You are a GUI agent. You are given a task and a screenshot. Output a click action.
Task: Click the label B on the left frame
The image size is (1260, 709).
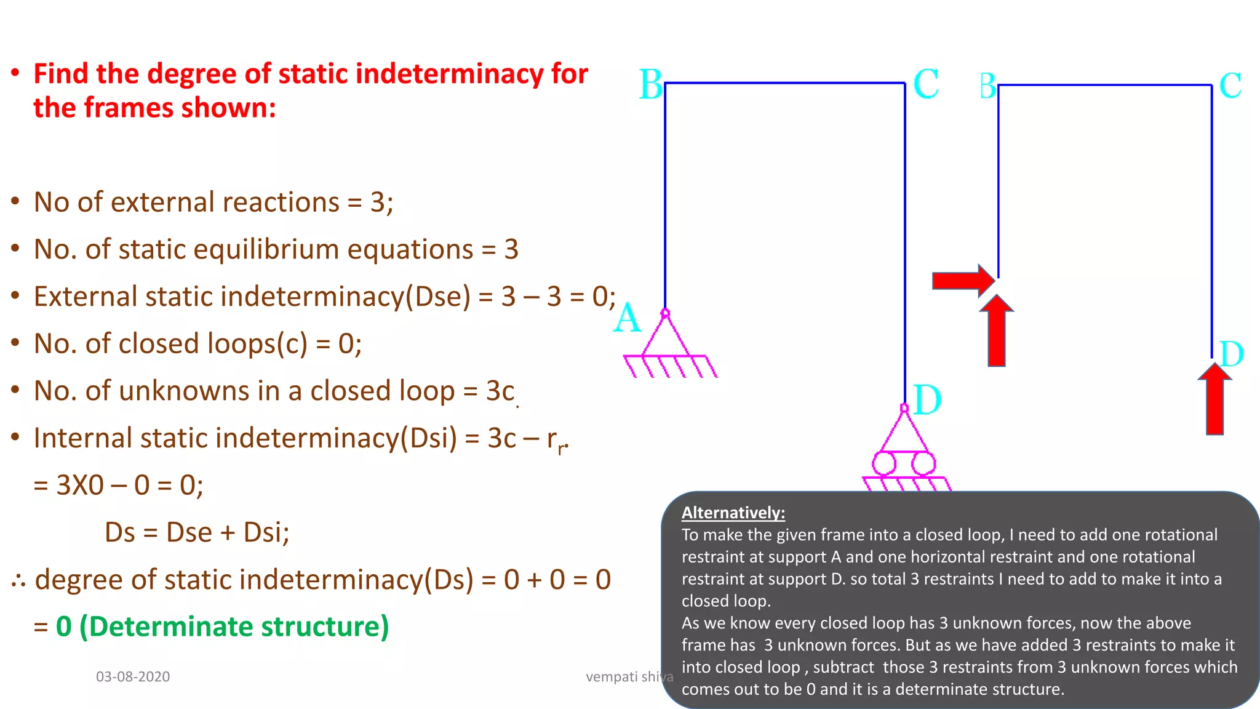click(x=650, y=84)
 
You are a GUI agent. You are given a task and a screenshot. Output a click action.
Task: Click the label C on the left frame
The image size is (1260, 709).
click(x=926, y=84)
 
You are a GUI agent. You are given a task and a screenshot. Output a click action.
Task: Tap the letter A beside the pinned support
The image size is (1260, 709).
click(x=627, y=319)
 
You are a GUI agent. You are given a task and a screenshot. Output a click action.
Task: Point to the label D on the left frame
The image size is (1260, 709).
click(x=927, y=400)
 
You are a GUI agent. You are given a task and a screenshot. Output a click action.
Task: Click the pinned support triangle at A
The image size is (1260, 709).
click(x=666, y=337)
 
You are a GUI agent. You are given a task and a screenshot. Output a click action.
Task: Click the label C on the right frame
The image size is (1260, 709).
click(x=1230, y=86)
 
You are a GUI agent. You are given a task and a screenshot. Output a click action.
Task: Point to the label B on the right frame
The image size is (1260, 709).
click(x=987, y=86)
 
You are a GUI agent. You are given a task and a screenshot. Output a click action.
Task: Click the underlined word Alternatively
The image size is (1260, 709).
click(x=733, y=513)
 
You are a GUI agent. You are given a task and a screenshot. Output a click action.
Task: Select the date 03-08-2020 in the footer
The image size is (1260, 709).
click(x=133, y=676)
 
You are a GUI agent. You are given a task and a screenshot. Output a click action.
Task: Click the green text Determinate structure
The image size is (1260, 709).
click(x=234, y=627)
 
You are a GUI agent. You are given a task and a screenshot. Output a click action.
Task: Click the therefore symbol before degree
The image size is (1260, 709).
click(x=18, y=580)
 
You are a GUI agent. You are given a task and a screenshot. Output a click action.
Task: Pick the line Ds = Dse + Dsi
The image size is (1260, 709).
click(x=197, y=532)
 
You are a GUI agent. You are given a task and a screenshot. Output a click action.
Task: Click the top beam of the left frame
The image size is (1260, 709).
click(x=784, y=82)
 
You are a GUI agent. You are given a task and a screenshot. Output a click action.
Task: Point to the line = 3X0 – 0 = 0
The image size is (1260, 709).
click(x=118, y=485)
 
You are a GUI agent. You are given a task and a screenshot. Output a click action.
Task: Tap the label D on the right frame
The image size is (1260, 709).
click(x=1231, y=354)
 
